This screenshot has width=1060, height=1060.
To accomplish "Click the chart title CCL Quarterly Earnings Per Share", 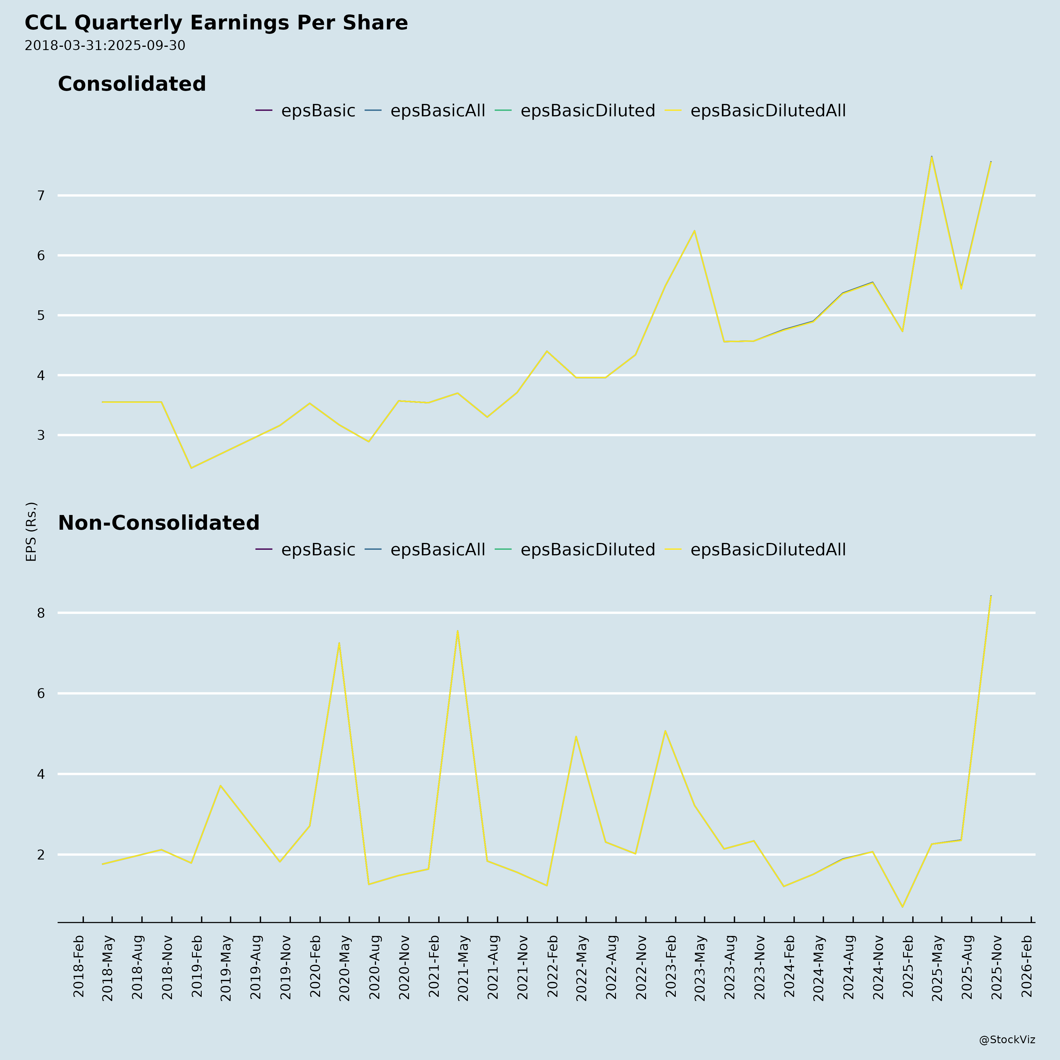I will [216, 23].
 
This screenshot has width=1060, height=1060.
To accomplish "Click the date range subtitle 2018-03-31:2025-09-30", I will [105, 46].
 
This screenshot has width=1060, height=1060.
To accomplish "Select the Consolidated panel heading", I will [132, 84].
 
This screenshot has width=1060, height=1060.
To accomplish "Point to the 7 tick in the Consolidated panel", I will [41, 195].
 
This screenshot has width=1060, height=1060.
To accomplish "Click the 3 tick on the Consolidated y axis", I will [41, 436].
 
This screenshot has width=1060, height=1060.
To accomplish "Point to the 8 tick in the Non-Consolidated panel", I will [41, 613].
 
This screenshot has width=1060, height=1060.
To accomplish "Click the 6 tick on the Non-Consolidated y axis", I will [41, 693].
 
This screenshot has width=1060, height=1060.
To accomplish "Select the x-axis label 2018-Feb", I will [78, 966].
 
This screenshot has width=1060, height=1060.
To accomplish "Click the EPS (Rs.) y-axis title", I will [31, 531].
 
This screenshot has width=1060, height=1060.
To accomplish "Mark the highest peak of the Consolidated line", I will [932, 157].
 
